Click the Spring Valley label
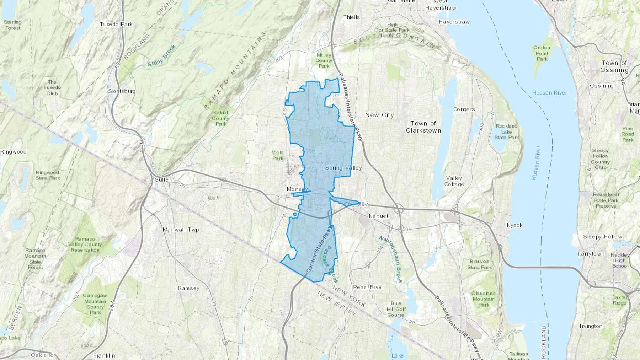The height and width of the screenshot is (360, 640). pos(343,168)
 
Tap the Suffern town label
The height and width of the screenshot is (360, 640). pos(165,180)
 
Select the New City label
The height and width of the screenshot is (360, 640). pos(379,115)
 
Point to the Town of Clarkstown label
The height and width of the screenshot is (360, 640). pos(423,127)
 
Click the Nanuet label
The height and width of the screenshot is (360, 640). pos(378,216)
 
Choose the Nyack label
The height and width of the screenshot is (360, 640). pos(514,225)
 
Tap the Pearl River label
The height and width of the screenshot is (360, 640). pos(368,287)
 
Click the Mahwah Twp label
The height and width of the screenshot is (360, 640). pos(181,230)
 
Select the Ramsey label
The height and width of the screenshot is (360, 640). pos(188,288)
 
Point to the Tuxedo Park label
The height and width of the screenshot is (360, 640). pos(116,24)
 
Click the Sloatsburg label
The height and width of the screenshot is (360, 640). pos(122,91)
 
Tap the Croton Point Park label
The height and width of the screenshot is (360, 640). pos(542,53)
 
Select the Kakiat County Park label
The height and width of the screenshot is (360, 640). pos(220,118)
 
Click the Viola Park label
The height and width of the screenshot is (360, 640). pos(278,155)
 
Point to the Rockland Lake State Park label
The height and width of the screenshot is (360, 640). pos(506,131)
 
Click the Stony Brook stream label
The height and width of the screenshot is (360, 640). pos(161,56)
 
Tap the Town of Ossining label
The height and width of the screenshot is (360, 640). pos(614,66)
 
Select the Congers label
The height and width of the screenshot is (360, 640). pos(464,109)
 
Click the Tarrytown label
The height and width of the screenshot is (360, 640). pos(591,254)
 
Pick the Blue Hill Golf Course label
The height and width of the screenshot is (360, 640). pos(396,309)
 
